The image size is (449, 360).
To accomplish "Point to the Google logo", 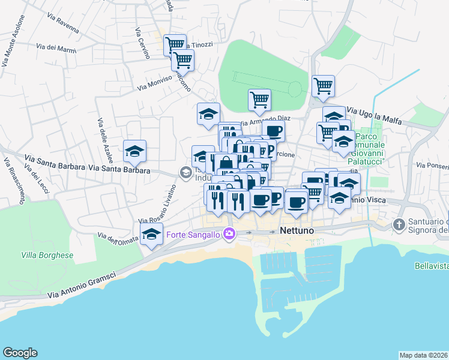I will coord(20,353).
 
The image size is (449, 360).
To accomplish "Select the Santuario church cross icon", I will coord(399,224).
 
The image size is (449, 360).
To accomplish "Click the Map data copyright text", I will coord(423,355).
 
